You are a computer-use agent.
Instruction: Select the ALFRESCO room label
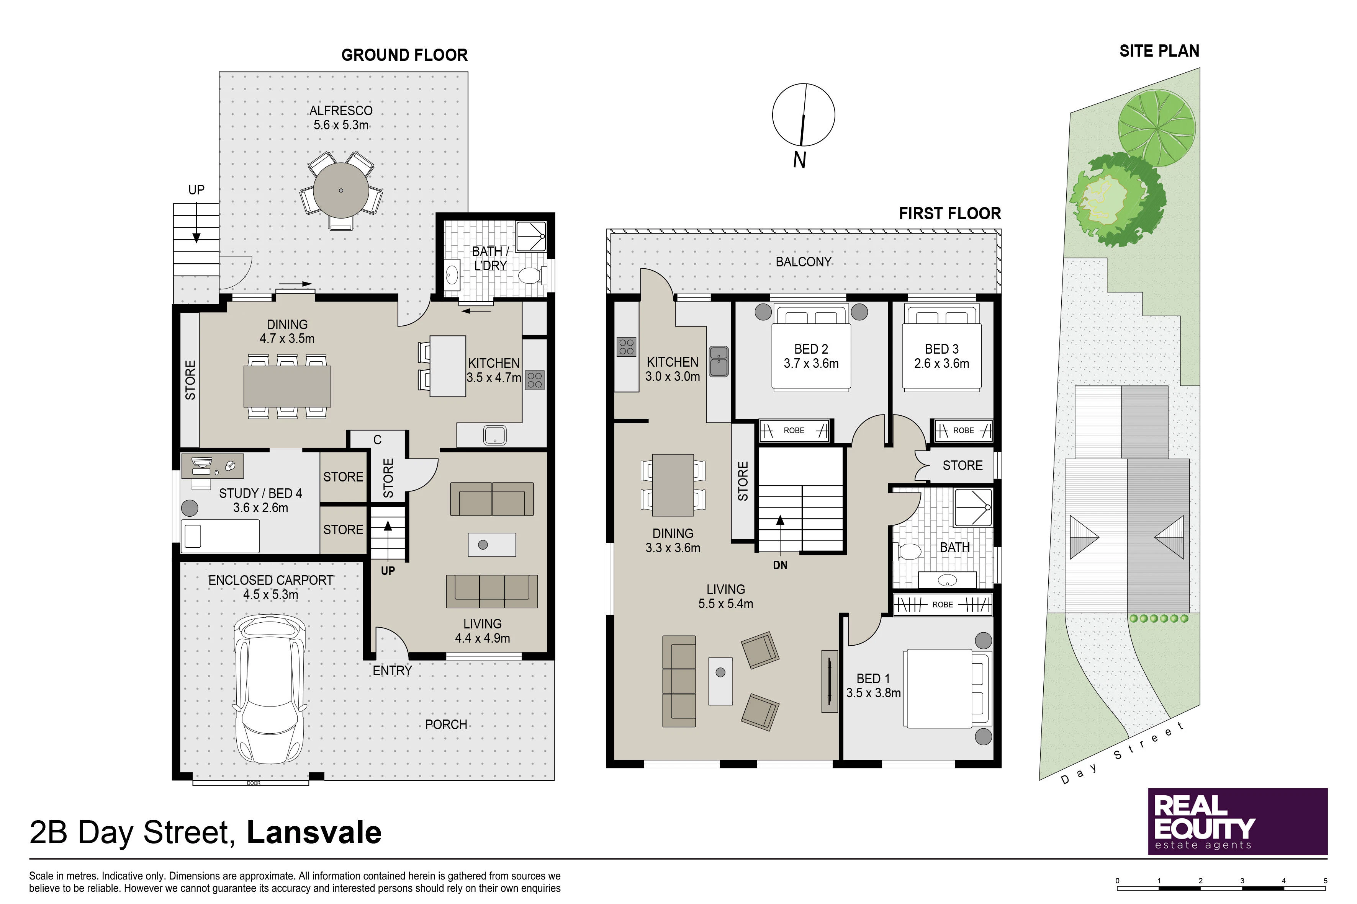coord(341,111)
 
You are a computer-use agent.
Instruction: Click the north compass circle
coord(803,115)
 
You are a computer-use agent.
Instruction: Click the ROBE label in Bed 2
coord(794,431)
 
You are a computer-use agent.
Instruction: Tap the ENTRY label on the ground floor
coord(392,671)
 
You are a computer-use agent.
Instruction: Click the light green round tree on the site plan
coord(1156,128)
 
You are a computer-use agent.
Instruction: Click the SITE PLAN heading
coord(1159,51)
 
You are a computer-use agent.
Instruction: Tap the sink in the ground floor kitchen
coord(494,435)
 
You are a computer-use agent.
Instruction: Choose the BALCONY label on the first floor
coord(803,262)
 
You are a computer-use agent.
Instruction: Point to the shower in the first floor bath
coord(973,507)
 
